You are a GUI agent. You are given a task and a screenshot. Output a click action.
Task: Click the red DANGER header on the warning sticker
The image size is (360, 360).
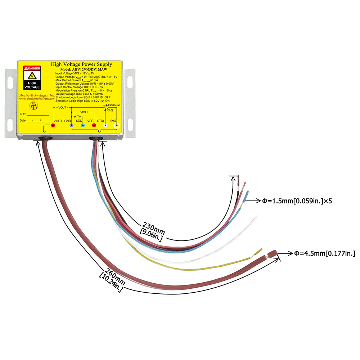[x=32, y=68]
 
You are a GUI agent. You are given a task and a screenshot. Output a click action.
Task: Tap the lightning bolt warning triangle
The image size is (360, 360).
[x=32, y=76]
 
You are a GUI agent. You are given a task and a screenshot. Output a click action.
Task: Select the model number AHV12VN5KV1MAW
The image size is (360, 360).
[x=84, y=69]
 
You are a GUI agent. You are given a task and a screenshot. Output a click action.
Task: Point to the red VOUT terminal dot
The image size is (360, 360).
[x=53, y=125]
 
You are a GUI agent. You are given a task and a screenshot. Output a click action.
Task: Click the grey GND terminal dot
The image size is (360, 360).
[x=72, y=125]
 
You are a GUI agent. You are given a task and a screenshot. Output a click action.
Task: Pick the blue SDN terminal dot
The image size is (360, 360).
[x=83, y=125]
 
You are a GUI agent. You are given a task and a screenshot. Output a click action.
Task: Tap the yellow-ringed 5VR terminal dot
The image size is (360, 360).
[x=117, y=125]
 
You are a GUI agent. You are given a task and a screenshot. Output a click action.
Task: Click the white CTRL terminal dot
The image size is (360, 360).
[x=105, y=125]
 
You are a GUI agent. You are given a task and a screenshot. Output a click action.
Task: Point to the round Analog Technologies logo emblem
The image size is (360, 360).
[x=34, y=105]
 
